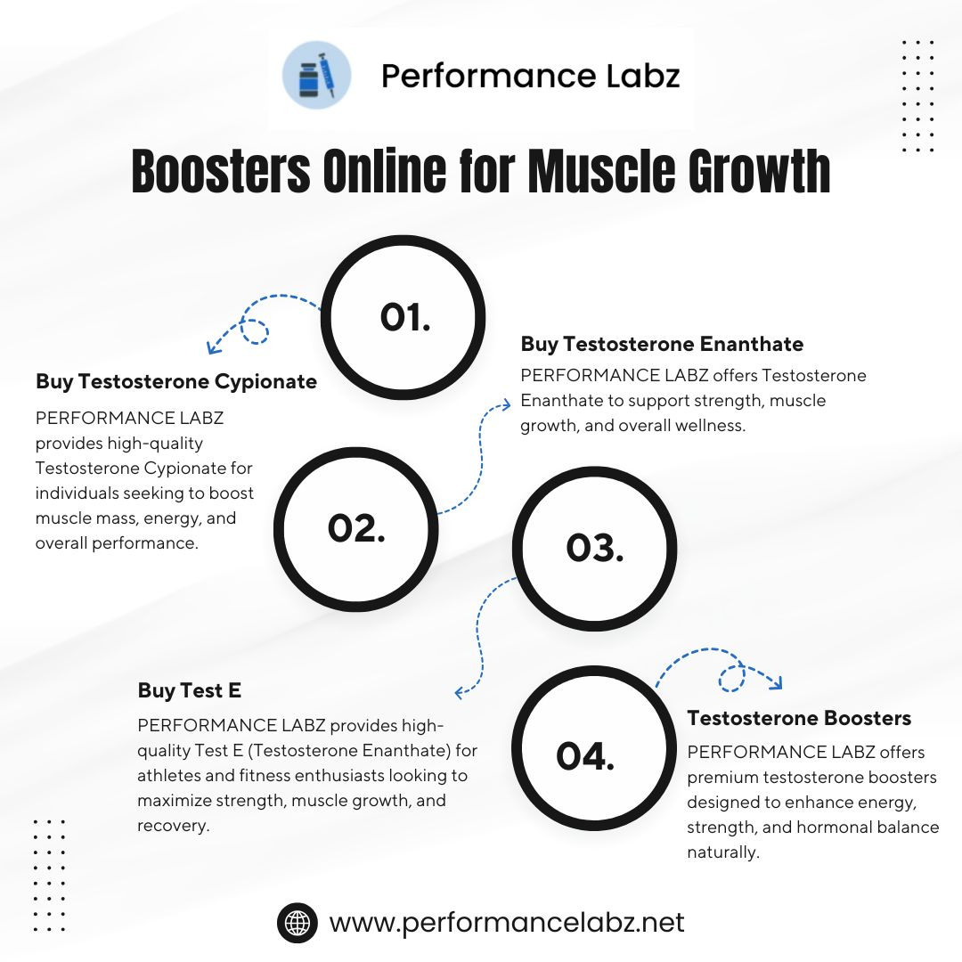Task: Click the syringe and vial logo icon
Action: [x=316, y=75]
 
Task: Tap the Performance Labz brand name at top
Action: [x=530, y=76]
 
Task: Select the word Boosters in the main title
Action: [x=221, y=170]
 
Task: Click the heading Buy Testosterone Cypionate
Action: [x=176, y=381]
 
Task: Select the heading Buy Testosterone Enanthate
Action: [x=662, y=344]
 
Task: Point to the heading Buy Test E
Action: [x=189, y=690]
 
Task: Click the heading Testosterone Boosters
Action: [x=799, y=718]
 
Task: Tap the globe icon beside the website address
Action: [x=298, y=923]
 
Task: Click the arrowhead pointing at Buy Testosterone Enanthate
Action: [x=506, y=404]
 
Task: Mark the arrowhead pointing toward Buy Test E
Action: [x=461, y=693]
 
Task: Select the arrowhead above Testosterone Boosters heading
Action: [x=777, y=683]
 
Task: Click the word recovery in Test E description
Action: [x=173, y=826]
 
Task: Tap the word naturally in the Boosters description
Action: [x=723, y=852]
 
